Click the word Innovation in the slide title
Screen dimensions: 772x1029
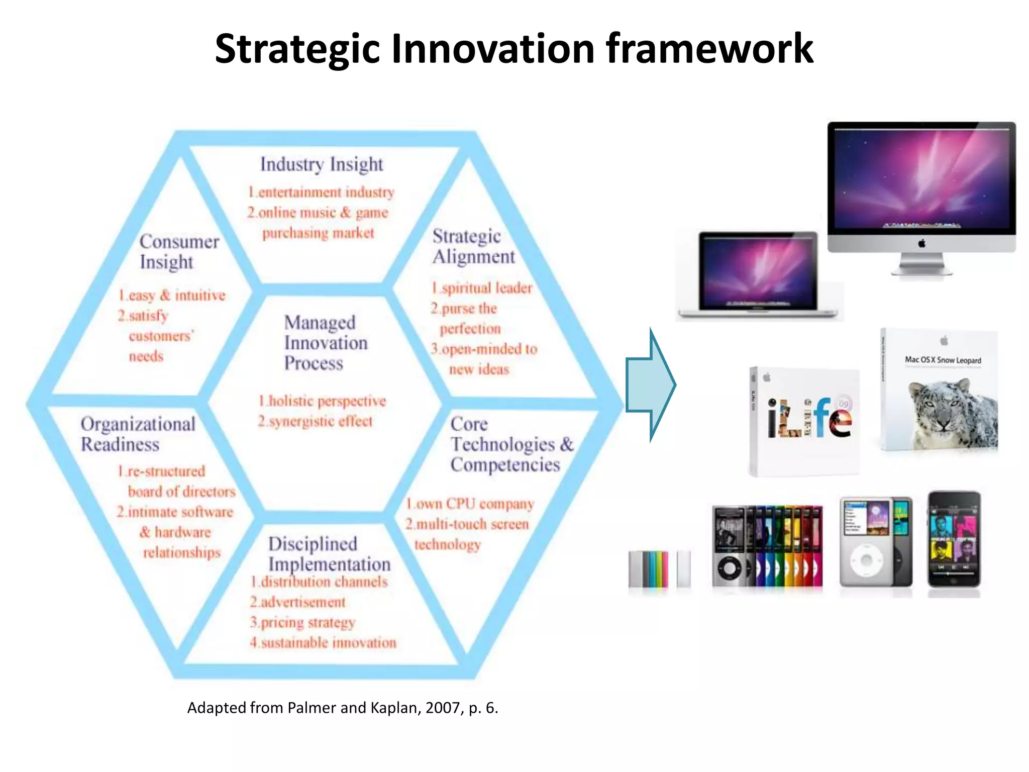pyautogui.click(x=492, y=49)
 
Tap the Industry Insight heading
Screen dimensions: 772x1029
pyautogui.click(x=321, y=164)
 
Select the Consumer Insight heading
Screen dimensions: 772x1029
pyautogui.click(x=178, y=251)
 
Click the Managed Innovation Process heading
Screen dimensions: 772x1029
pyautogui.click(x=326, y=343)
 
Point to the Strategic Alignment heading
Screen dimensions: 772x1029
pyautogui.click(x=473, y=246)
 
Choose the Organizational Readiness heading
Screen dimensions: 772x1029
pyautogui.click(x=138, y=434)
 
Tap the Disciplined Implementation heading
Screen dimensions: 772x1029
pyautogui.click(x=329, y=553)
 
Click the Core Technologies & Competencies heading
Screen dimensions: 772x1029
pyautogui.click(x=511, y=444)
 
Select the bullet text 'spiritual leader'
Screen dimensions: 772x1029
pyautogui.click(x=486, y=288)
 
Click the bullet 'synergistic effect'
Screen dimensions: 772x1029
pyautogui.click(x=320, y=421)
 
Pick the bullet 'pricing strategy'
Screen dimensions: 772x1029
pyautogui.click(x=307, y=622)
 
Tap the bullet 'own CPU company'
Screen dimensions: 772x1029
pyautogui.click(x=474, y=504)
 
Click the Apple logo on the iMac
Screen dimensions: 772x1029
pyautogui.click(x=921, y=244)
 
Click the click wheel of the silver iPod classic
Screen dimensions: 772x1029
pyautogui.click(x=866, y=559)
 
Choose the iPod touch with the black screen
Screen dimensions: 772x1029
pyautogui.click(x=953, y=539)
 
